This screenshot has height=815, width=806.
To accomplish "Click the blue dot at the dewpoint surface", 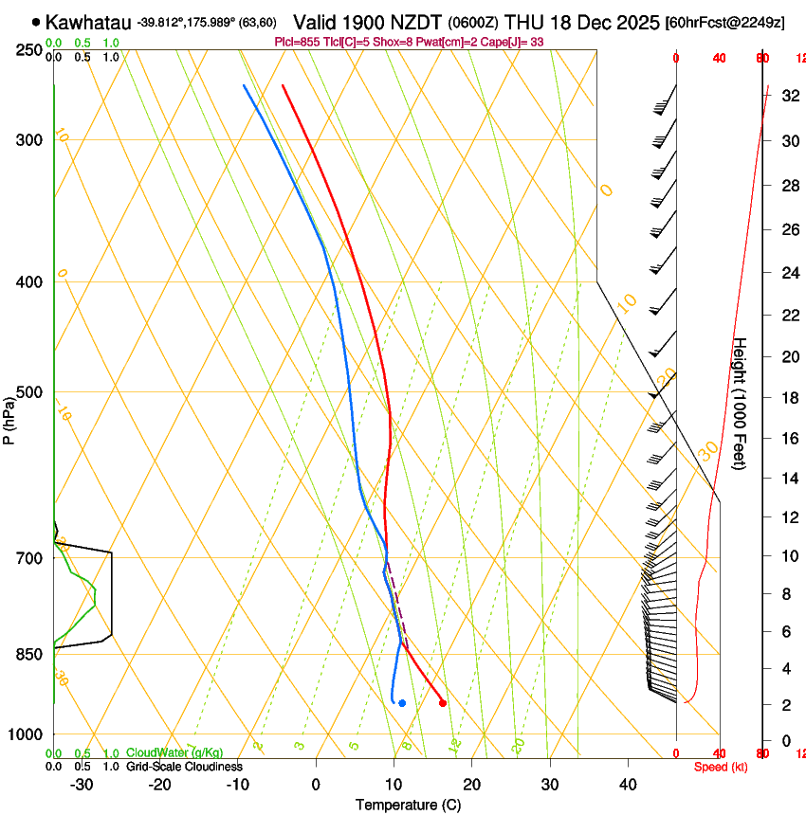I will (x=402, y=703).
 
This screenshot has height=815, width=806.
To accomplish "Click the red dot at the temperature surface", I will (x=443, y=702).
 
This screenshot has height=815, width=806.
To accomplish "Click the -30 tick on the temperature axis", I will (x=82, y=785).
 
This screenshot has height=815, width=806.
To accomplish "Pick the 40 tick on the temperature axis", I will (x=628, y=785).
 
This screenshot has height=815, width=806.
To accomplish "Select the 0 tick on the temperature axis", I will (x=317, y=785).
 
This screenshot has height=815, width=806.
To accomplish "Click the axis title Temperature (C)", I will (x=408, y=806).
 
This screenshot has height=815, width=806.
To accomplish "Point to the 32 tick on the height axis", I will (x=787, y=96).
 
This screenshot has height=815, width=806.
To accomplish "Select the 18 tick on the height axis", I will (x=787, y=398).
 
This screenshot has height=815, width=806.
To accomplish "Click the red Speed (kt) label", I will (x=721, y=767).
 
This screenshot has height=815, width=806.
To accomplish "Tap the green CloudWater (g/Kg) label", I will (x=175, y=753).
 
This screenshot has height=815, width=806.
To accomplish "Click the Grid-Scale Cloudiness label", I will (x=184, y=767).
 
